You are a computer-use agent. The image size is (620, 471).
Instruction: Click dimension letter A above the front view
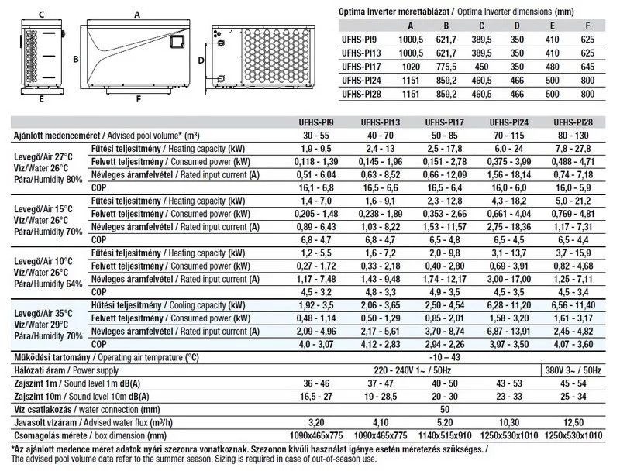click(136, 14)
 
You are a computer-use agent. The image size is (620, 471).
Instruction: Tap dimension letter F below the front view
click(137, 98)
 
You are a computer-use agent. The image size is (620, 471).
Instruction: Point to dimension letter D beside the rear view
click(201, 60)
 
